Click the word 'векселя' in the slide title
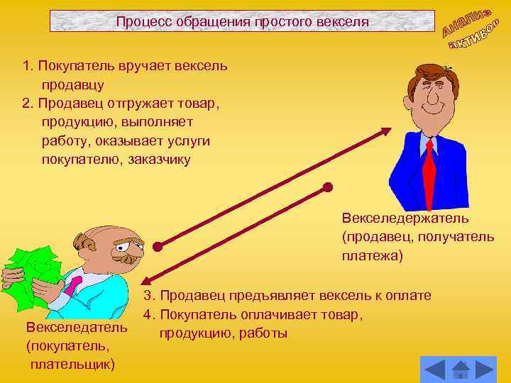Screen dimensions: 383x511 (x=344, y=22)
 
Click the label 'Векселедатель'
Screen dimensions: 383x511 (x=76, y=328)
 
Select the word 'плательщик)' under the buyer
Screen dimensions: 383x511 (x=72, y=365)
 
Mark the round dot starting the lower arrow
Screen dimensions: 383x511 (x=327, y=188)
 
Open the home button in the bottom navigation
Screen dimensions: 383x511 (x=461, y=370)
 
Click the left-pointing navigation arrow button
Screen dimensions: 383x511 (x=434, y=370)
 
